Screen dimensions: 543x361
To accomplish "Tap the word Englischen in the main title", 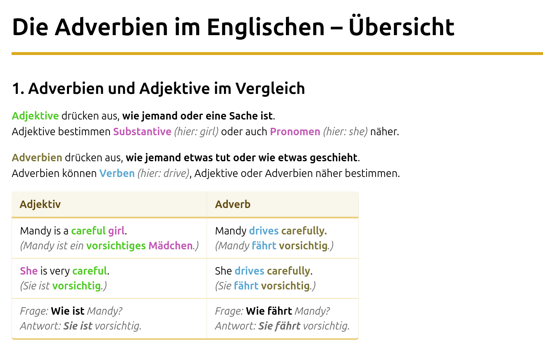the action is (266, 28).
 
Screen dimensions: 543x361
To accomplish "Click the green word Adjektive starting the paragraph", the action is (35, 116).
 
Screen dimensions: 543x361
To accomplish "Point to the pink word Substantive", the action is (142, 131).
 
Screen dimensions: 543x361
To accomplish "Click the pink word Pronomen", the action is (295, 131).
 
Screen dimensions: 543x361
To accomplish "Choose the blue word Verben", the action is (117, 173).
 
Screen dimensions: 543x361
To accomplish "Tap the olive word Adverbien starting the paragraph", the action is (37, 158).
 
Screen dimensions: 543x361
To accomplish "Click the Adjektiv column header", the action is (40, 204).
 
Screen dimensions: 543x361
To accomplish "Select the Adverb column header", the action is (233, 204).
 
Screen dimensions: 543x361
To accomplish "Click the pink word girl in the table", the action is (117, 231).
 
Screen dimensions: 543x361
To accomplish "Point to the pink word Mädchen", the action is (170, 246).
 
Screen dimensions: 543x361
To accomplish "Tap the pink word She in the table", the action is (29, 271).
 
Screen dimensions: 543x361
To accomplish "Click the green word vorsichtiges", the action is (116, 246).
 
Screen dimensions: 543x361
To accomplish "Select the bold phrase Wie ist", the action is (68, 311).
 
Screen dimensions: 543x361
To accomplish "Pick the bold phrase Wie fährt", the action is (269, 311).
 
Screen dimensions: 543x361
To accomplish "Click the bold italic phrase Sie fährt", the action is (279, 326).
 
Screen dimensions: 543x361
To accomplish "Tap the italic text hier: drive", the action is (163, 173).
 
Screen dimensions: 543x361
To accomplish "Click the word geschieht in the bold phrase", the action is (333, 158).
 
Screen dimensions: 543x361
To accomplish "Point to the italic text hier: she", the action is (345, 132).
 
